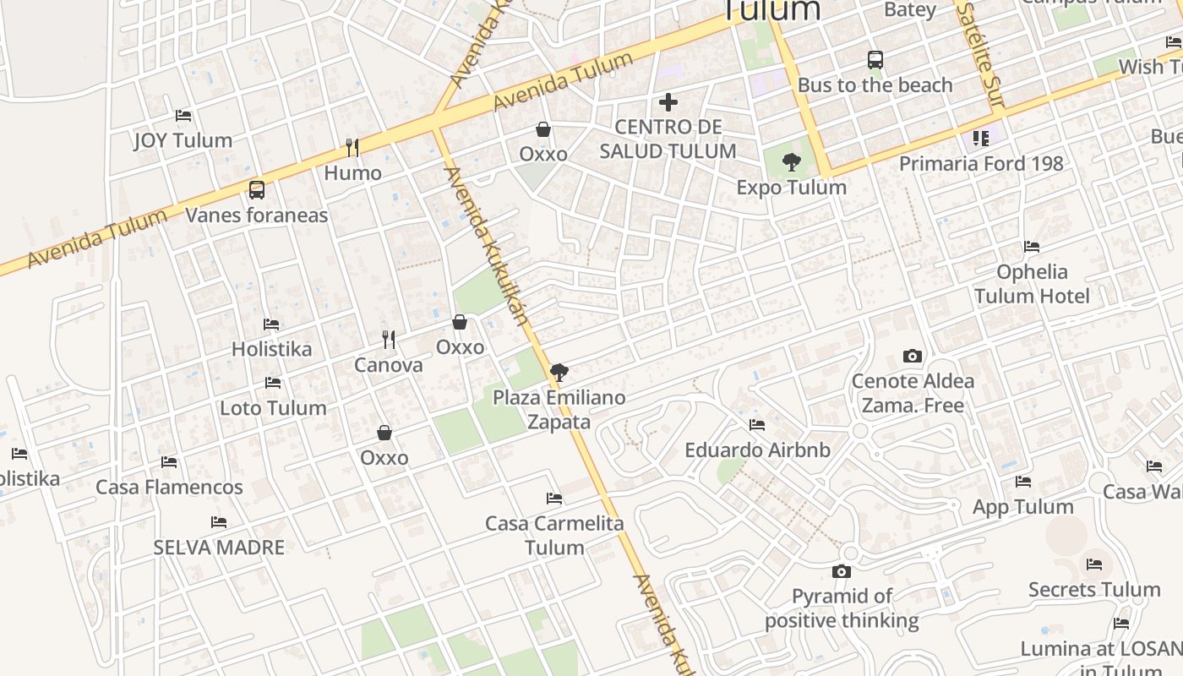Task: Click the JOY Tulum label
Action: (183, 140)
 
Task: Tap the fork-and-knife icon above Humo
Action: (352, 148)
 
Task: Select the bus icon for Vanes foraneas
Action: (256, 190)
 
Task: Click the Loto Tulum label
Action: (273, 408)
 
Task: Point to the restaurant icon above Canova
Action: (389, 340)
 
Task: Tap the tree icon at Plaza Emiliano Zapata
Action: (559, 373)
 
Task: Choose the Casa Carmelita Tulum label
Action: (554, 535)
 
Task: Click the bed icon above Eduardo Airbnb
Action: (757, 425)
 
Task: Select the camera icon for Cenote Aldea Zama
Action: (913, 356)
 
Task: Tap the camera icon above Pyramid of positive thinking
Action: (841, 572)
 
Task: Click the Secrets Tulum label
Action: (1094, 590)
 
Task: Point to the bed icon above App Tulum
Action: (1023, 482)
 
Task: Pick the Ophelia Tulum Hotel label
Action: (1032, 284)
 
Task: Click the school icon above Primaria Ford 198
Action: (980, 138)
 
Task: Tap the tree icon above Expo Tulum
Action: (792, 162)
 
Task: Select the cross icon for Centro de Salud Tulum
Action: (668, 102)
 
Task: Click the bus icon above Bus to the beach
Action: (875, 60)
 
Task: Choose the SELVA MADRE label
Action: (219, 548)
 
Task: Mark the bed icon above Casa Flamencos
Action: (169, 462)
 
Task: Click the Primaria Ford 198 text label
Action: (981, 164)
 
